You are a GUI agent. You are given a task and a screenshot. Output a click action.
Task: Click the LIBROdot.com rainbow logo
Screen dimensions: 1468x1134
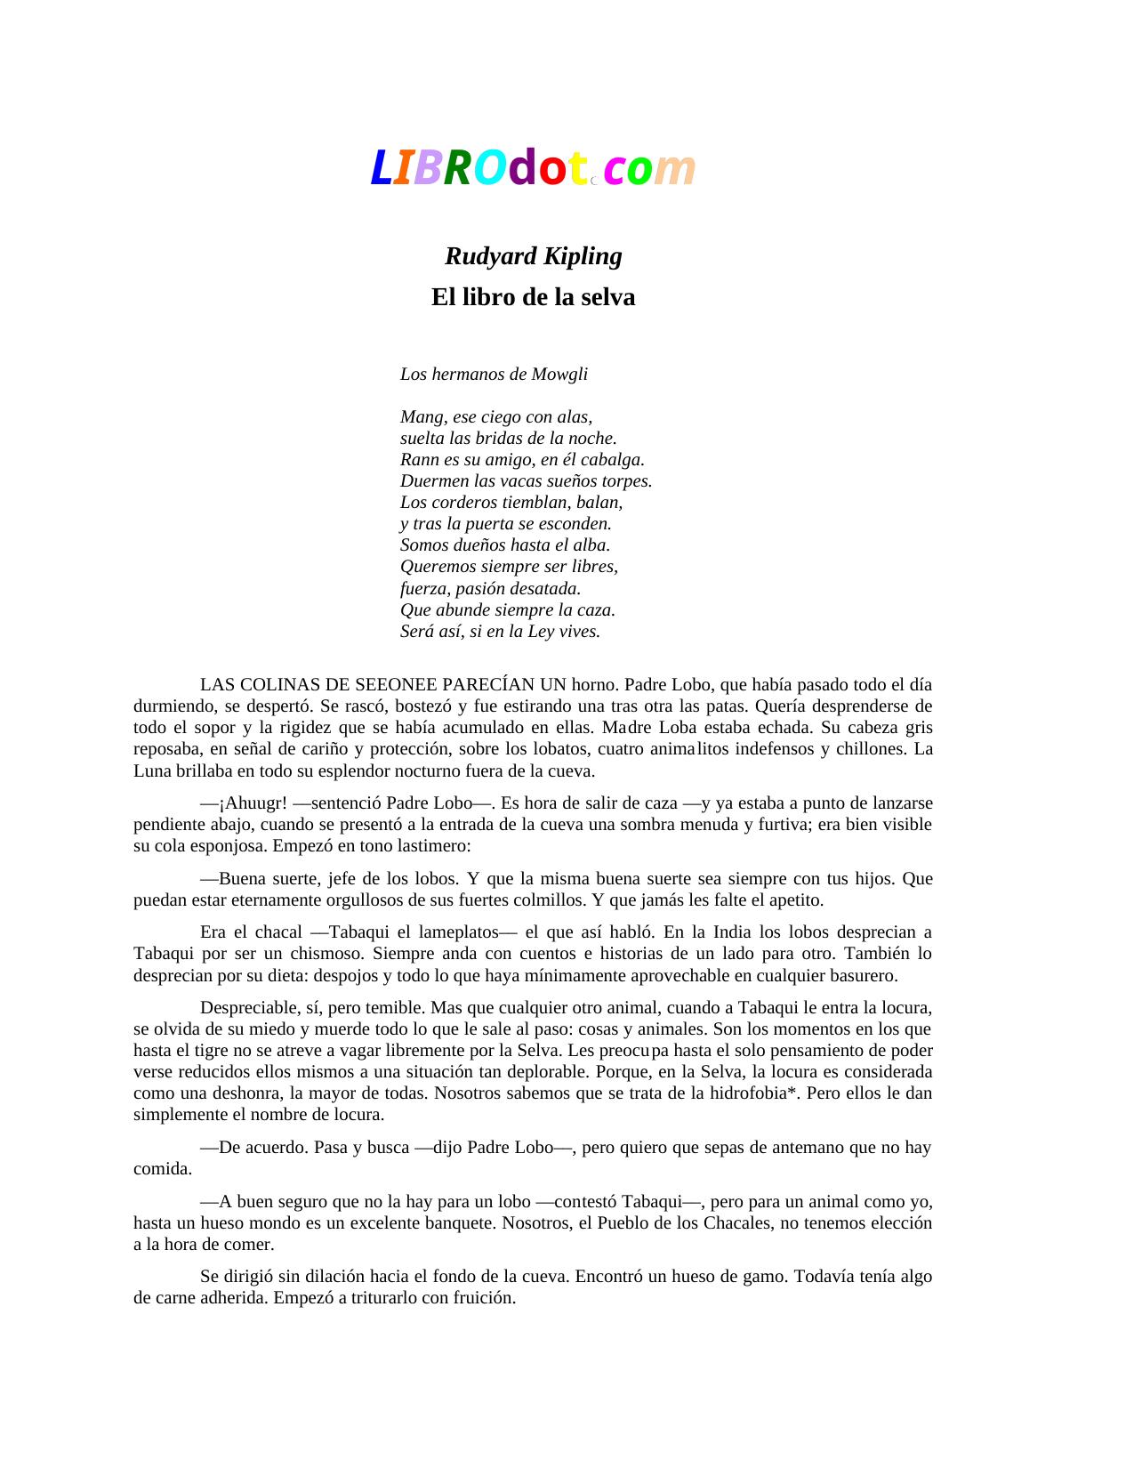click(532, 167)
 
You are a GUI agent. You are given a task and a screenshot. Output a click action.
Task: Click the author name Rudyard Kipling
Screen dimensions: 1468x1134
click(533, 256)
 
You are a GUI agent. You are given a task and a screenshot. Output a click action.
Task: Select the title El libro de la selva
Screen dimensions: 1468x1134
click(533, 297)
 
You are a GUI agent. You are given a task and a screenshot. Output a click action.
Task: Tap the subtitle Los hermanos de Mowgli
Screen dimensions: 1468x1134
click(494, 374)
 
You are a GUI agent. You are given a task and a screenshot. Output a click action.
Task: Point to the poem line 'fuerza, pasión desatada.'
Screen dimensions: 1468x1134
click(490, 588)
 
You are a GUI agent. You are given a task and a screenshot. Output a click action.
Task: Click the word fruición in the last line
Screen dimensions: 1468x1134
click(483, 1298)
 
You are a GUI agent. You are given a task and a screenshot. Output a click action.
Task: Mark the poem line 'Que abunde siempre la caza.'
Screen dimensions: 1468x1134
click(507, 610)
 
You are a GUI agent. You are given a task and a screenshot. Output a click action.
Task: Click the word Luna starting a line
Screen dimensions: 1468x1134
click(152, 771)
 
